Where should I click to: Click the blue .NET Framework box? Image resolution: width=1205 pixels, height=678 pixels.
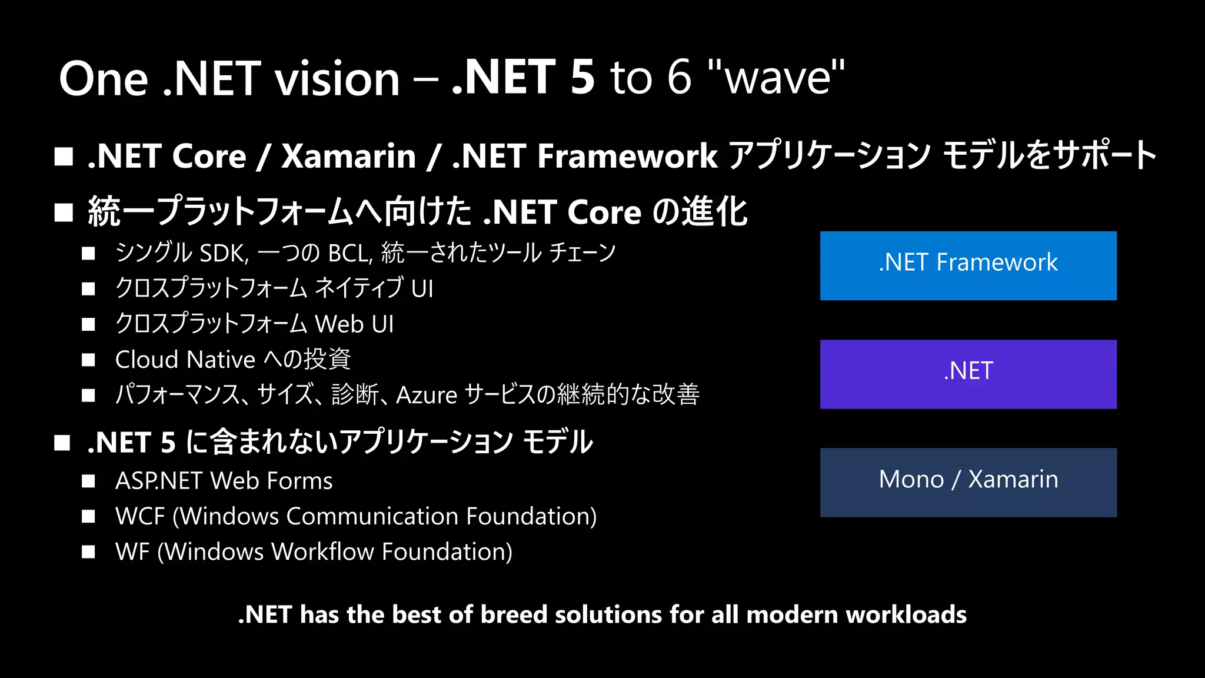pyautogui.click(x=968, y=265)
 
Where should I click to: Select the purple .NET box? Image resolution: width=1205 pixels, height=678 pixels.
pyautogui.click(x=968, y=374)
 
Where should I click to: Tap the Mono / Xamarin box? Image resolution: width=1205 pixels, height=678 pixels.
pyautogui.click(x=968, y=482)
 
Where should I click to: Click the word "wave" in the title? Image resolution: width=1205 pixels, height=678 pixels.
pyautogui.click(x=777, y=78)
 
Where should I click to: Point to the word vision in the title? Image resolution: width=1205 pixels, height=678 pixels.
pyautogui.click(x=338, y=79)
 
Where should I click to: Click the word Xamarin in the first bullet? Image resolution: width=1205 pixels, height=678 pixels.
pyautogui.click(x=348, y=157)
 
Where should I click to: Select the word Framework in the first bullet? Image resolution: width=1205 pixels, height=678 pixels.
pyautogui.click(x=627, y=157)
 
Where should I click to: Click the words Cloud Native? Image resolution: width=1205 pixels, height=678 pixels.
pyautogui.click(x=185, y=360)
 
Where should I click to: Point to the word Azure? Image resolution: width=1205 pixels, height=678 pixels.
pyautogui.click(x=427, y=395)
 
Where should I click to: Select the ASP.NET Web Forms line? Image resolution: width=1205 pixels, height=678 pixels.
pyautogui.click(x=224, y=481)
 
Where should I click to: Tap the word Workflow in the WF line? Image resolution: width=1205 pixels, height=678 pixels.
pyautogui.click(x=322, y=552)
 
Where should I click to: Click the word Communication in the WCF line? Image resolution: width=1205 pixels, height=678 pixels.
pyautogui.click(x=372, y=516)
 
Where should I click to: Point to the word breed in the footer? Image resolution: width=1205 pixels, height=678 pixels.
pyautogui.click(x=514, y=614)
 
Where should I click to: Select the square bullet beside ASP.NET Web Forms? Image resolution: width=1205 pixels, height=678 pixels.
pyautogui.click(x=88, y=481)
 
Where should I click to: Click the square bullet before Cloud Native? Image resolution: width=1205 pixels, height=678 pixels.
pyautogui.click(x=88, y=360)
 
